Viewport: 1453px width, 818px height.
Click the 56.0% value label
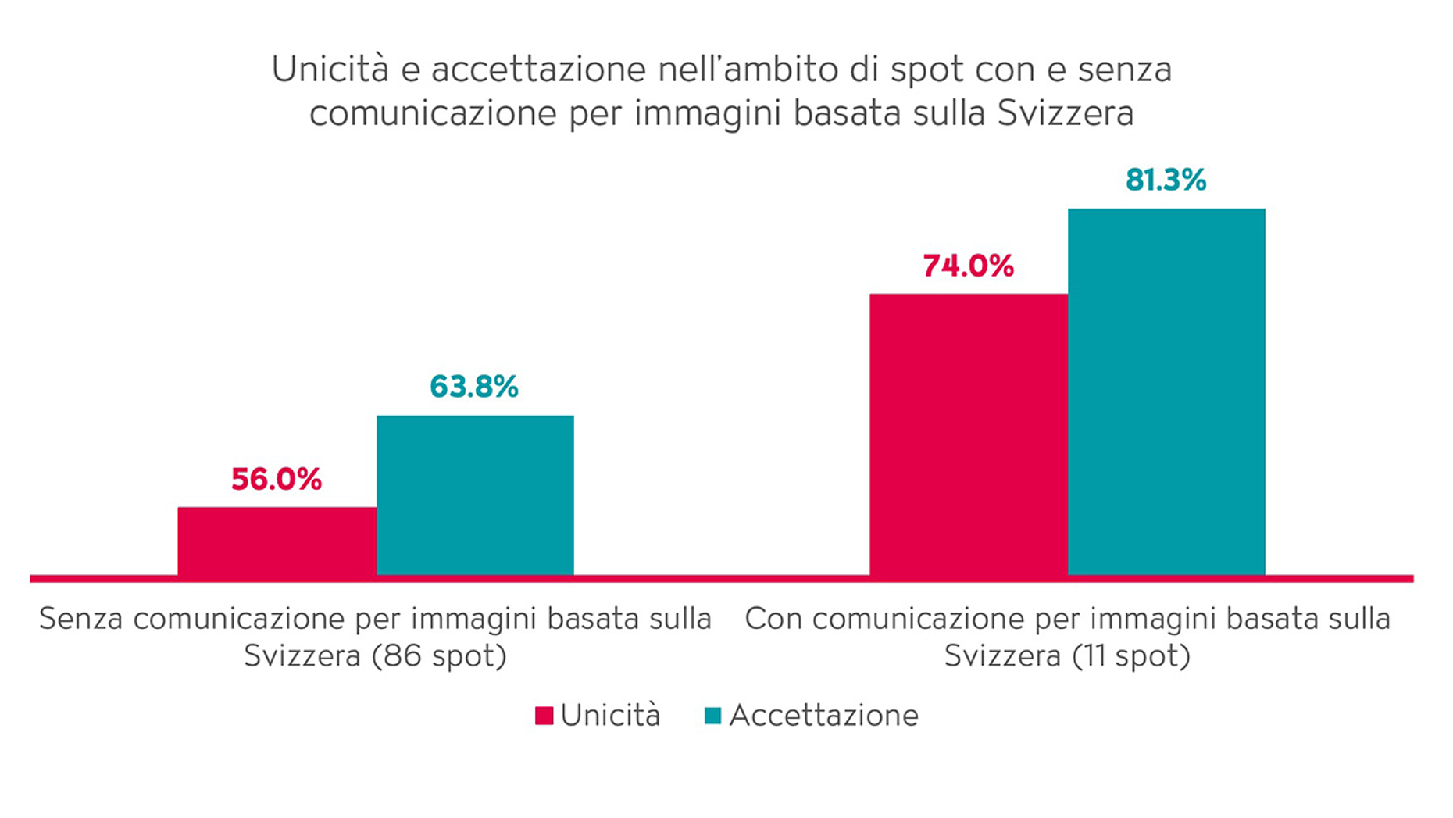pyautogui.click(x=276, y=480)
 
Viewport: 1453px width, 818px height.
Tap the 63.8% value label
pyautogui.click(x=474, y=387)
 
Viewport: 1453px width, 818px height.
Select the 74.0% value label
pyautogui.click(x=968, y=266)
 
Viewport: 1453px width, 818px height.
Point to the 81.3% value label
pyautogui.click(x=1166, y=180)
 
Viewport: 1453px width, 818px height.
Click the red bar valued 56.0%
pyautogui.click(x=277, y=541)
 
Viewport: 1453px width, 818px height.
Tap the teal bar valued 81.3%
pyautogui.click(x=1166, y=391)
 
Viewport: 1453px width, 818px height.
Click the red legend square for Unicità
pyautogui.click(x=544, y=716)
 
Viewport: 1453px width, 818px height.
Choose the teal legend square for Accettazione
pyautogui.click(x=712, y=716)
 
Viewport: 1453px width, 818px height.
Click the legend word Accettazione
pyautogui.click(x=823, y=716)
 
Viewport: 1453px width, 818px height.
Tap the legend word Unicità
pyautogui.click(x=610, y=716)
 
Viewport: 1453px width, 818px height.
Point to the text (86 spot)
pyautogui.click(x=439, y=655)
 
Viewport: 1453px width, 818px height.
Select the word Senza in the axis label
pyautogui.click(x=80, y=619)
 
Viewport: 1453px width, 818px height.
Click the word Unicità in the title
pyautogui.click(x=330, y=70)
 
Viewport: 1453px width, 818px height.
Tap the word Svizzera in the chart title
pyautogui.click(x=1065, y=113)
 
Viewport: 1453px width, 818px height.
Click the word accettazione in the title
pyautogui.click(x=538, y=70)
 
